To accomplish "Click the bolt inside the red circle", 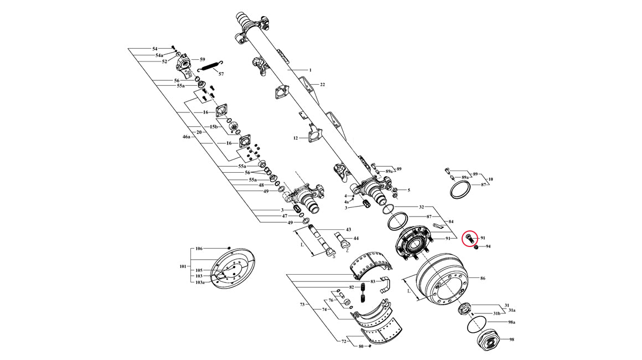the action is coord(469,238).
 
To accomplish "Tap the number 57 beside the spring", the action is coord(221,74).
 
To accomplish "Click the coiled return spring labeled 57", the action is coord(210,65).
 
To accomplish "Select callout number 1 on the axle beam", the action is coord(310,70).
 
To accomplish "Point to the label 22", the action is coord(323,84).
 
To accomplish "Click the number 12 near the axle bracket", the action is coord(296,138).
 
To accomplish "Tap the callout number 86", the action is coord(483,278).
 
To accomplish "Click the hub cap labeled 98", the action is coord(489,340).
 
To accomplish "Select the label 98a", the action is coord(511,322).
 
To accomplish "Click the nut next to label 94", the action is coord(476,247).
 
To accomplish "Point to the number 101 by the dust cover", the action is coord(183,266).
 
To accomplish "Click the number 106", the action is coord(199,249).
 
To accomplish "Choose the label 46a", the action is coord(187,137).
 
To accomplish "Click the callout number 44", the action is coord(356,238).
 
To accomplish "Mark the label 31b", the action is coord(496,313).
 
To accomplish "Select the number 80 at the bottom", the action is coord(361,346).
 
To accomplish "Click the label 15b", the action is coord(214,127).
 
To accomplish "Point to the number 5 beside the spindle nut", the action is coord(408,190).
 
